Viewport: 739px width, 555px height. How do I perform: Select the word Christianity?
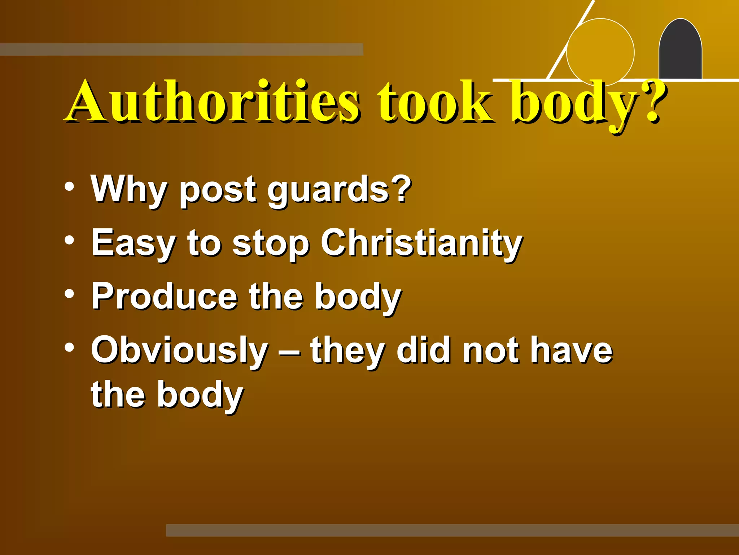pos(421,243)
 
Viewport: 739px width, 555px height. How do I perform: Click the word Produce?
pos(164,296)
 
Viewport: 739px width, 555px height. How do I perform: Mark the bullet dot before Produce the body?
pos(69,294)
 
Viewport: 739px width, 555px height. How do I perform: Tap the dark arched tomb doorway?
pos(680,51)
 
